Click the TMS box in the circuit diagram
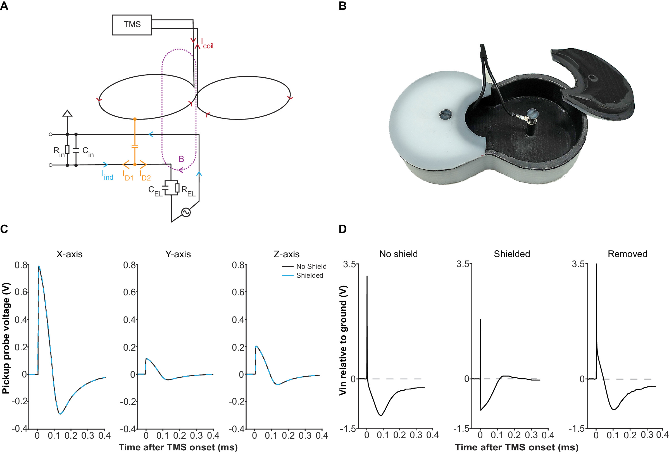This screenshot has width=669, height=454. pyautogui.click(x=132, y=25)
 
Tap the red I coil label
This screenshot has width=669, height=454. pyautogui.click(x=207, y=44)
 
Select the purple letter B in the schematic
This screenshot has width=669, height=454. pyautogui.click(x=181, y=159)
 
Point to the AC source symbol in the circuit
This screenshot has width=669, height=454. pyautogui.click(x=186, y=212)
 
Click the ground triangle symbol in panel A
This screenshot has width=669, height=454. pyautogui.click(x=67, y=113)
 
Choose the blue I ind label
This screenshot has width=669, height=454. pyautogui.click(x=108, y=175)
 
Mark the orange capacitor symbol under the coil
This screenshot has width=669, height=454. pyautogui.click(x=135, y=146)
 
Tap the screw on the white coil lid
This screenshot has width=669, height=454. pyautogui.click(x=445, y=115)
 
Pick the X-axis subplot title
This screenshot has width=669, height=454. pyautogui.click(x=69, y=254)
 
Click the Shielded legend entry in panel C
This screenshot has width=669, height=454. pyautogui.click(x=309, y=275)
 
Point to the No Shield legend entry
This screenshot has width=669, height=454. pyautogui.click(x=311, y=267)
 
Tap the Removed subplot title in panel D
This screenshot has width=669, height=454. pyautogui.click(x=627, y=254)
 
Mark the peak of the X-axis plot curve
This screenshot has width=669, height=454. pyautogui.click(x=39, y=266)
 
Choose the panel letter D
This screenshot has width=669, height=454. pyautogui.click(x=342, y=229)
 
